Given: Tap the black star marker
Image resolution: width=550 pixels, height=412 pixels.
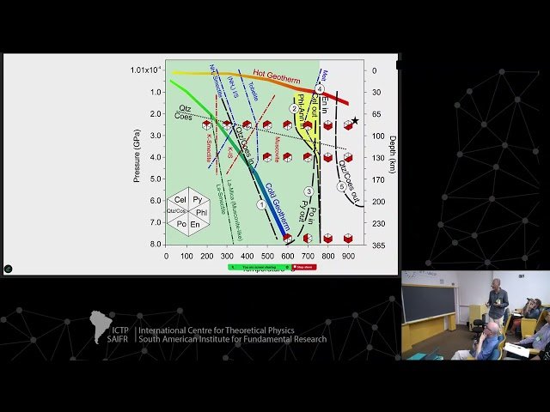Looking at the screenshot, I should point(354,121).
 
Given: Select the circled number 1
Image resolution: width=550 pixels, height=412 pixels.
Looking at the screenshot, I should point(261,204).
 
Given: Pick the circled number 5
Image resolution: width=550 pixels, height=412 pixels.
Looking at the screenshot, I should point(341,186).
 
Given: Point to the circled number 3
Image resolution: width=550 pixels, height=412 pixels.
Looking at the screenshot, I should point(309,191).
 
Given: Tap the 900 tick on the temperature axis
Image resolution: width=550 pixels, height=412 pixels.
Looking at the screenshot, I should point(348,256).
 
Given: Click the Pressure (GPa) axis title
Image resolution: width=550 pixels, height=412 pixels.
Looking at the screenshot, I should point(137,154).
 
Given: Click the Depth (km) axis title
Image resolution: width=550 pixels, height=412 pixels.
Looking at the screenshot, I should point(392,154).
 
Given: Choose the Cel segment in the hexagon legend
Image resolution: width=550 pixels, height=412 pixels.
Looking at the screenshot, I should point(180,199).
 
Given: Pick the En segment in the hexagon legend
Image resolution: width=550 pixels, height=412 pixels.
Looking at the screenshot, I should point(195,224).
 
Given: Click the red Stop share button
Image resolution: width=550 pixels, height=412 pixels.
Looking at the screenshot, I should point(304,267).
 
